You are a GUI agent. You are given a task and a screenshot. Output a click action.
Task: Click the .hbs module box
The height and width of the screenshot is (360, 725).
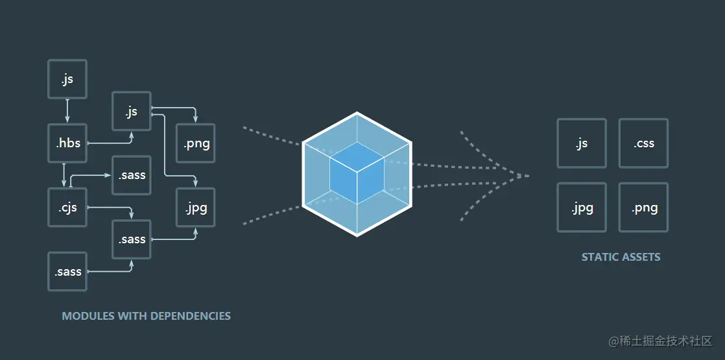(x=67, y=143)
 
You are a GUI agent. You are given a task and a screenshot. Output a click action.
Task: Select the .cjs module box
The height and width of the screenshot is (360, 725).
(x=67, y=207)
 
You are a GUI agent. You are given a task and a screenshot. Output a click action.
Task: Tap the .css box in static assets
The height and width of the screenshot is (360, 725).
(x=643, y=143)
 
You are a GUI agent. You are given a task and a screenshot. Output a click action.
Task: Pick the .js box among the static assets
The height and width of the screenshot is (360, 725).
(x=582, y=143)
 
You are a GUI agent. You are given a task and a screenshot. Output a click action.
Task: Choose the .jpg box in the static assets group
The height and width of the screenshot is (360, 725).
(x=582, y=208)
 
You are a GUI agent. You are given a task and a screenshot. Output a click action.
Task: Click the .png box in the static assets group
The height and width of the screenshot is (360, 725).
(x=643, y=208)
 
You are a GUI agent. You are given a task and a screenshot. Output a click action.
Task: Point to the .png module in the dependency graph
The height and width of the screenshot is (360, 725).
(x=196, y=143)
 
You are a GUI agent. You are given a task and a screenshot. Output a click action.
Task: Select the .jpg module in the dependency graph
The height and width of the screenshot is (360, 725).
(x=196, y=208)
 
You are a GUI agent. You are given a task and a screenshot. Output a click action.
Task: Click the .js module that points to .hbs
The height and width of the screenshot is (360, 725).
(x=67, y=79)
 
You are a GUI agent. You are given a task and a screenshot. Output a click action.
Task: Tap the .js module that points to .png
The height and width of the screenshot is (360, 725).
(x=132, y=111)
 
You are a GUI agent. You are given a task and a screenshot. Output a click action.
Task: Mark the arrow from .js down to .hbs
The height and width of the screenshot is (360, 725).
(x=67, y=110)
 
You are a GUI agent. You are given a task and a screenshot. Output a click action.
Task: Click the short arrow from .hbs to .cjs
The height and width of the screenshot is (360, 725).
(x=64, y=174)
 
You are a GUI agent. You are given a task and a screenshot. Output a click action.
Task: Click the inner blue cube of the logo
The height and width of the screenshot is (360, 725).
(x=357, y=173)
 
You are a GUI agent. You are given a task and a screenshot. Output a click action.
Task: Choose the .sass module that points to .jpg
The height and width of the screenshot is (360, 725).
(x=132, y=239)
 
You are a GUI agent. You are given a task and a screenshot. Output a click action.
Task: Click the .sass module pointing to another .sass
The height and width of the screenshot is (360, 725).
(x=67, y=271)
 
